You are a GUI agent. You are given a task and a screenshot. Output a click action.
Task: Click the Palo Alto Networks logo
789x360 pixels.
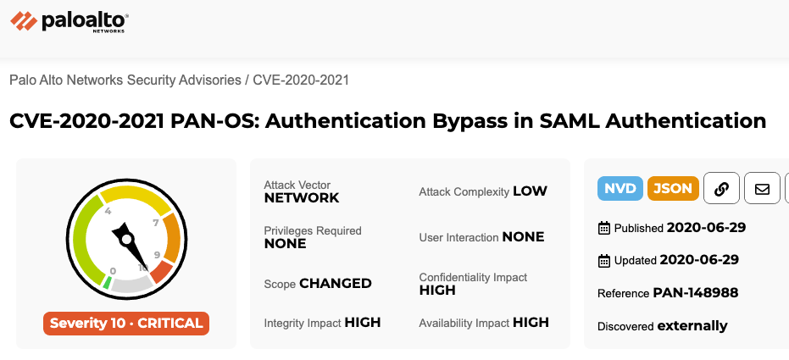coord(69,22)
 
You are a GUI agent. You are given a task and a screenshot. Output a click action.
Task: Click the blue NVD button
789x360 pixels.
coord(620,189)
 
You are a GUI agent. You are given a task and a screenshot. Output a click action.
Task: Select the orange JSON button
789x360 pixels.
coord(673,189)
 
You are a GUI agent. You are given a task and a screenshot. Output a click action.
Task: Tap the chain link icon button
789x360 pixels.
coord(721,189)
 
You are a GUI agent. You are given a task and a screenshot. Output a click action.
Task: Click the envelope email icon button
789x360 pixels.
coord(762,189)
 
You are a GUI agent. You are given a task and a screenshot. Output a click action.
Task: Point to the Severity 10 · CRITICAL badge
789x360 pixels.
coord(126,324)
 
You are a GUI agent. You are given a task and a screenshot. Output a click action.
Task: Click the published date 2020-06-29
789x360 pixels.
coord(706,228)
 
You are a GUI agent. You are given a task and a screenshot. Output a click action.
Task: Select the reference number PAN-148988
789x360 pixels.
coord(696,292)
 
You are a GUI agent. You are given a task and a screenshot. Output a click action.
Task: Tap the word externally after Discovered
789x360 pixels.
coord(692,326)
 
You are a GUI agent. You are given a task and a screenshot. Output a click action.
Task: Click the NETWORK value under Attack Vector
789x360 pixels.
coord(302,197)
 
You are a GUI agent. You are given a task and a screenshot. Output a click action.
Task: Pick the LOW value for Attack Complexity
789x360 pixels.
coord(530,191)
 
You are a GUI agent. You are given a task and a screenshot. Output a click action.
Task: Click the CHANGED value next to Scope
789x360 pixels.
coord(335,284)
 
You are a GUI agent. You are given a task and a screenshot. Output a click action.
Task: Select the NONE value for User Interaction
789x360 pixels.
coord(523,237)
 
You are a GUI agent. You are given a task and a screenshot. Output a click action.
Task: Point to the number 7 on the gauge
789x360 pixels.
coord(156,223)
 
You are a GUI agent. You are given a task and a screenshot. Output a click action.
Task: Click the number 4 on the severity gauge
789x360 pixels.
coord(108,211)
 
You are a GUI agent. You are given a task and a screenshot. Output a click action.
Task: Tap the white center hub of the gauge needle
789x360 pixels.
coord(127,238)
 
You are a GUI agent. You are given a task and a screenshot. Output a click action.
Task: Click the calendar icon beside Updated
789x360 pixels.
coord(603,260)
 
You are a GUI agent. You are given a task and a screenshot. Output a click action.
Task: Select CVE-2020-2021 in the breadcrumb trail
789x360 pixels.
coord(300,80)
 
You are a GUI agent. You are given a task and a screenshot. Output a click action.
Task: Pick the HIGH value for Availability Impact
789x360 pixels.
coord(531,322)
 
